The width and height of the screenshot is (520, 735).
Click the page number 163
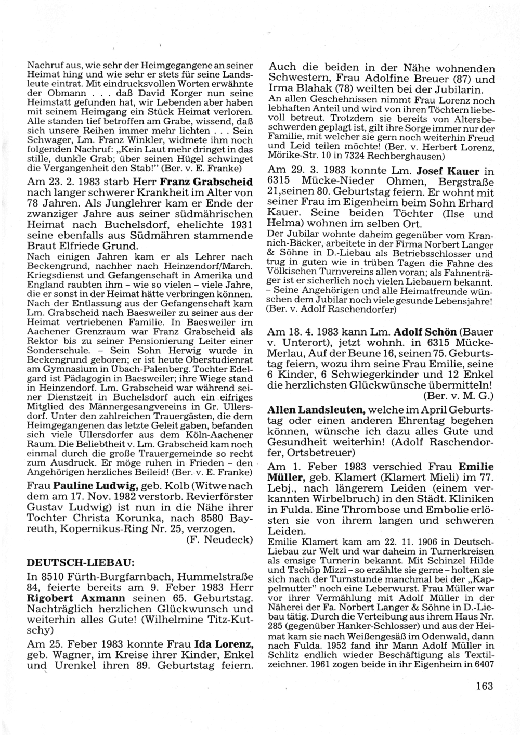484,686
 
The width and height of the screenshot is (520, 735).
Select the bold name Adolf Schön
425,332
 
